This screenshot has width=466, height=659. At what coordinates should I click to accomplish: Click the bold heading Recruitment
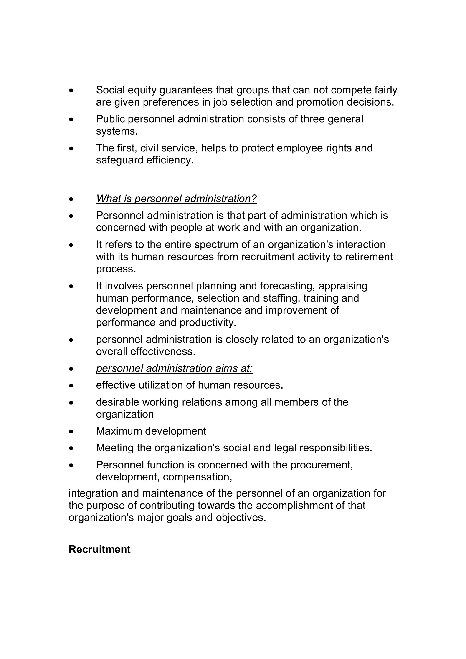[99, 549]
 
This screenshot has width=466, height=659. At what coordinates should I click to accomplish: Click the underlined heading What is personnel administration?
[176, 199]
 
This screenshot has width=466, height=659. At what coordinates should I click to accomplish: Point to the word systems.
[116, 131]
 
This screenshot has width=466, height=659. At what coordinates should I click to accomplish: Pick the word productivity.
[208, 323]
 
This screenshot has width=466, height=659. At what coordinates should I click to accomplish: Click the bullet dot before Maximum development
[71, 432]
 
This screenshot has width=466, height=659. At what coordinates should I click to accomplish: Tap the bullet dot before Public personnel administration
[71, 119]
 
